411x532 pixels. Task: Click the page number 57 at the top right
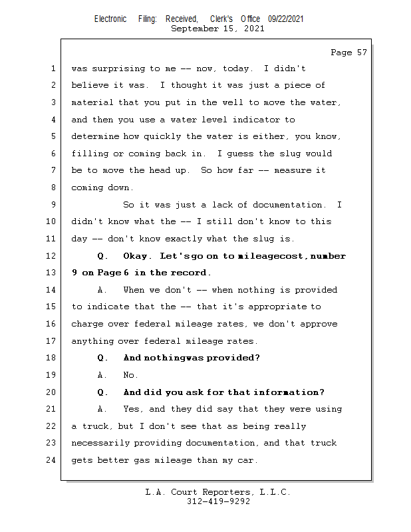(x=362, y=53)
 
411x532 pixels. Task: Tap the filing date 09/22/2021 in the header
(x=285, y=19)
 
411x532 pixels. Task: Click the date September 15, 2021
(x=217, y=29)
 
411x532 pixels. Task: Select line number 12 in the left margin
(x=51, y=255)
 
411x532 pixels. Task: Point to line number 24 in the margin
(x=51, y=460)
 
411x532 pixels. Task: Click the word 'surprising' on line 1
(x=118, y=69)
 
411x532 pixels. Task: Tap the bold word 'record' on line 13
(x=190, y=273)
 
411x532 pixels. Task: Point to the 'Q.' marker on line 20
(x=102, y=392)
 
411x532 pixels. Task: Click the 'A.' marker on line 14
(x=102, y=290)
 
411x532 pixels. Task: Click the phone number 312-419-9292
(x=218, y=501)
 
